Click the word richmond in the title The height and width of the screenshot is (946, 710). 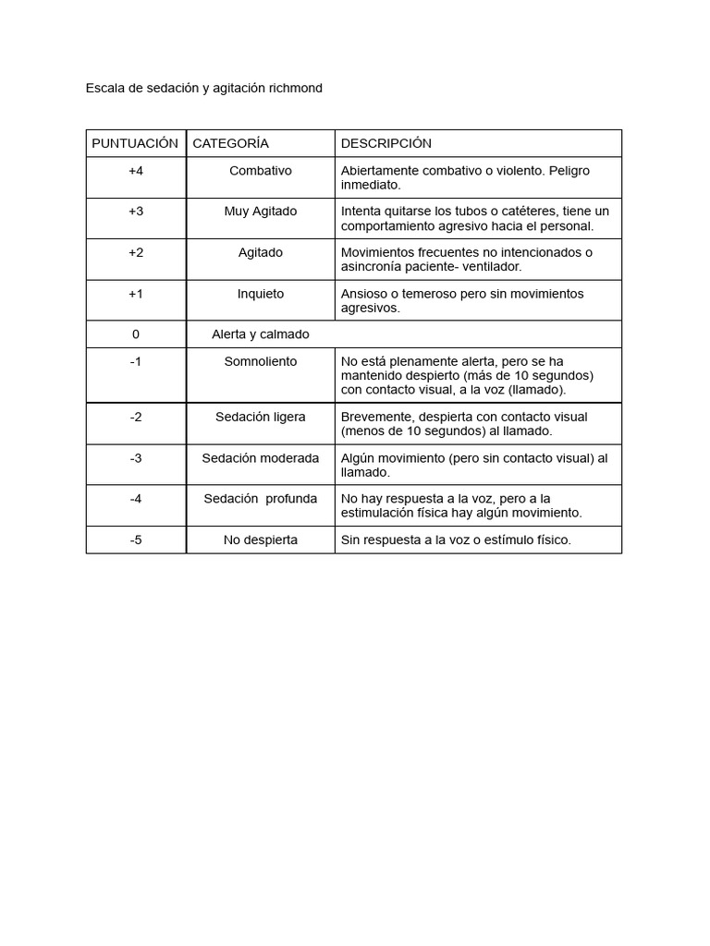[295, 89]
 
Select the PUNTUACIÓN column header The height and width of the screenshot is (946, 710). [135, 143]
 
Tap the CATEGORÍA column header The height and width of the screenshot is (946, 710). [230, 143]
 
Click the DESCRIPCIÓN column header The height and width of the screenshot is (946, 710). [386, 143]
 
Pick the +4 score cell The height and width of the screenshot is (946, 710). [136, 171]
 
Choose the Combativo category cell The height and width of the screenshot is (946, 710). [260, 171]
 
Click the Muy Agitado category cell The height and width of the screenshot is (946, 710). [260, 212]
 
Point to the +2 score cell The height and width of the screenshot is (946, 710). [136, 252]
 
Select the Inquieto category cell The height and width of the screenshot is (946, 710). [260, 294]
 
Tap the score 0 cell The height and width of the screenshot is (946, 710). [136, 334]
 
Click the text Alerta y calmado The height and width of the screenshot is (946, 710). [260, 334]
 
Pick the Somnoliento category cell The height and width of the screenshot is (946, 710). [260, 361]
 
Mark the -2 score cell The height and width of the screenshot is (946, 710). [136, 417]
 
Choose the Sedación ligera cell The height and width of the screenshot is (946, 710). [260, 417]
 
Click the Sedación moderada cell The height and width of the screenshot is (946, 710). [260, 458]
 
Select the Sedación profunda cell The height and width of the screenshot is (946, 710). [260, 499]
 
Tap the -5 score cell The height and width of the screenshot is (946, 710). [136, 540]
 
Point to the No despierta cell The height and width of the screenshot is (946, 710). [260, 540]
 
